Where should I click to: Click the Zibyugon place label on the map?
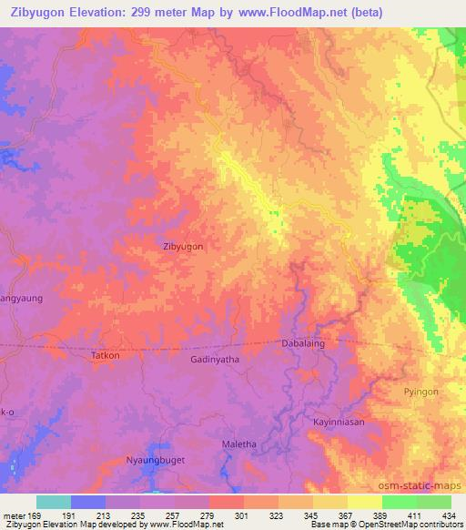[x=182, y=246]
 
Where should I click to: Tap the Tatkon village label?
[x=106, y=356]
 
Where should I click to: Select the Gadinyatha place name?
[x=215, y=361]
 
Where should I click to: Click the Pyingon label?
[x=420, y=392]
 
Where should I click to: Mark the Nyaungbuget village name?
[x=155, y=461]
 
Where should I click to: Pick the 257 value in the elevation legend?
[x=175, y=515]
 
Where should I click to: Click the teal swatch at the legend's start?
[x=54, y=502]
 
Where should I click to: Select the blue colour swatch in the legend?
[x=88, y=502]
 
